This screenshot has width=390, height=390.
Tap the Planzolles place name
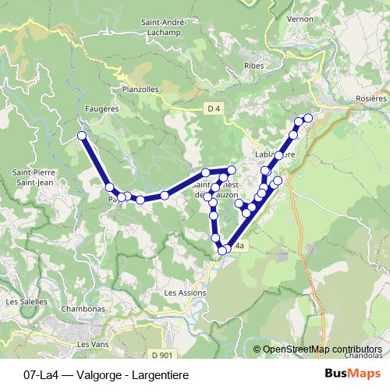140,89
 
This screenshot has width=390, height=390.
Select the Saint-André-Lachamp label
163,28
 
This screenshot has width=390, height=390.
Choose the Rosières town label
370,99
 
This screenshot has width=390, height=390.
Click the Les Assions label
185,292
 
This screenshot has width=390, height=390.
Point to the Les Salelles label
23,301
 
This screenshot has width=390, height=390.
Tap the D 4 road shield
215,108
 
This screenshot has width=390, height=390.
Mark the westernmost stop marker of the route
81,136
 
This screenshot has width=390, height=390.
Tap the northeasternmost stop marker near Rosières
307,117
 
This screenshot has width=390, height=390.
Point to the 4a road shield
240,246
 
